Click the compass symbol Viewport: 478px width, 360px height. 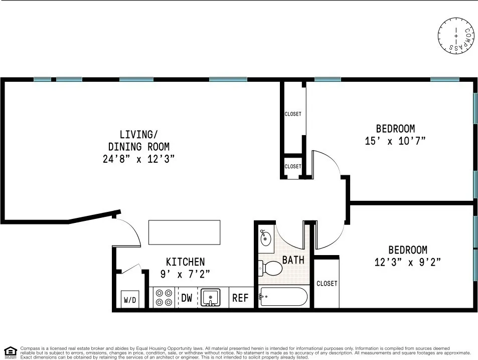coord(456,36)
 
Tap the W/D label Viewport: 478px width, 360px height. coord(129,300)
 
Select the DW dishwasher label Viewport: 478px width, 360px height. coord(187,298)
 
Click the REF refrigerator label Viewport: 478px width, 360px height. coord(240,298)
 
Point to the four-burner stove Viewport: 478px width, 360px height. coord(163,297)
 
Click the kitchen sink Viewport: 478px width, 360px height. coord(210,297)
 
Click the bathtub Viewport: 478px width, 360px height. coord(283,297)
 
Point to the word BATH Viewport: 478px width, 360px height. coord(293,260)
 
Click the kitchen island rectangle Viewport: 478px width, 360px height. coord(185,232)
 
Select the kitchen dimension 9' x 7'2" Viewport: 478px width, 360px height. coord(185,274)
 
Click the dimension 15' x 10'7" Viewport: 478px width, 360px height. coord(395,141)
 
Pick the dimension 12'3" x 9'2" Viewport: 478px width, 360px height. coord(407,262)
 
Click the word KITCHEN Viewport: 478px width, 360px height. coord(185,262)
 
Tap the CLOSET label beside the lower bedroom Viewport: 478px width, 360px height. coord(327,284)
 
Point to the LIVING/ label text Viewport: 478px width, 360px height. coord(138,135)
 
